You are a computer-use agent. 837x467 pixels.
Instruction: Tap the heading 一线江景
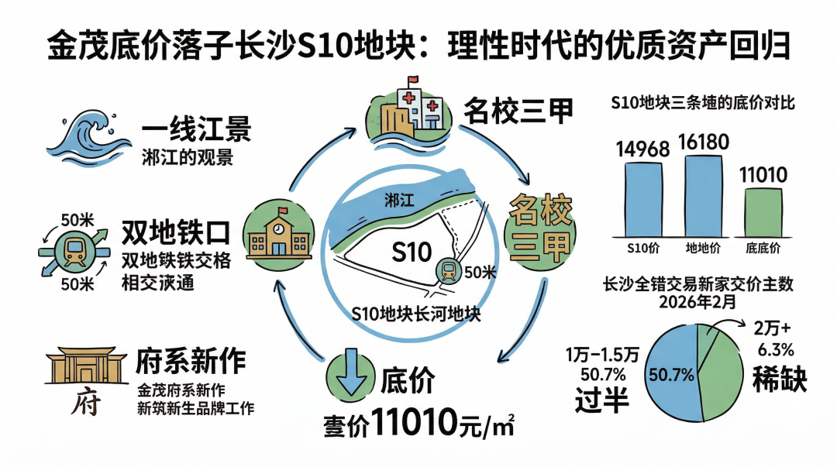tap(196, 129)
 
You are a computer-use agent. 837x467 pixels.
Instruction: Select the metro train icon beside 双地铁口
tap(74, 252)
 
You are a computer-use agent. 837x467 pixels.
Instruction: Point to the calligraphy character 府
tap(86, 402)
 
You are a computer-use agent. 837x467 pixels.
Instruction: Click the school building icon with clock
tap(279, 235)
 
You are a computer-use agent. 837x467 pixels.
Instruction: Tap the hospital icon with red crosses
tap(409, 111)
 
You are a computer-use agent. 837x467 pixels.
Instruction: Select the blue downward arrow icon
tap(350, 373)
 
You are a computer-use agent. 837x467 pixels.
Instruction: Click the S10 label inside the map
tap(412, 252)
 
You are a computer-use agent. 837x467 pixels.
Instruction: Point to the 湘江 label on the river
tap(399, 200)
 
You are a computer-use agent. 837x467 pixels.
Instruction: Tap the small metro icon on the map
tap(449, 271)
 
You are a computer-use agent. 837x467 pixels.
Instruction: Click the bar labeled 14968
tap(643, 200)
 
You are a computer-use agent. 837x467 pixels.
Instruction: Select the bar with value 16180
tap(703, 196)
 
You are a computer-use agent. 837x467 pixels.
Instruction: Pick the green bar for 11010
tap(763, 212)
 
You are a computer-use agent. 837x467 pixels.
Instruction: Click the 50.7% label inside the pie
tap(671, 375)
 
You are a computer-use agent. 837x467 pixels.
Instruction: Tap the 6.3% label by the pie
tap(776, 349)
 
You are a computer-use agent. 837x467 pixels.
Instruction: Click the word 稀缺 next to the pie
tap(780, 379)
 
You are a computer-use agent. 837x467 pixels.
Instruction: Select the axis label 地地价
tap(703, 248)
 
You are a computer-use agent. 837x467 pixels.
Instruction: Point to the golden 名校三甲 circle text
tap(539, 228)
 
